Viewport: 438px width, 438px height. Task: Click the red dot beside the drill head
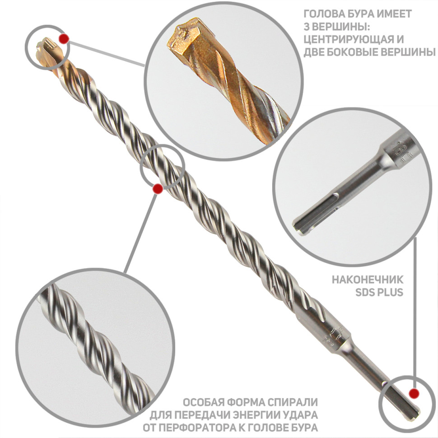[x=64, y=39]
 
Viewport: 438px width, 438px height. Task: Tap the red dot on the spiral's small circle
[x=158, y=189]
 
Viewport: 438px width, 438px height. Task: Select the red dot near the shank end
[x=414, y=393]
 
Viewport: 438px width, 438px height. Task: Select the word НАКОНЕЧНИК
[x=368, y=280]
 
